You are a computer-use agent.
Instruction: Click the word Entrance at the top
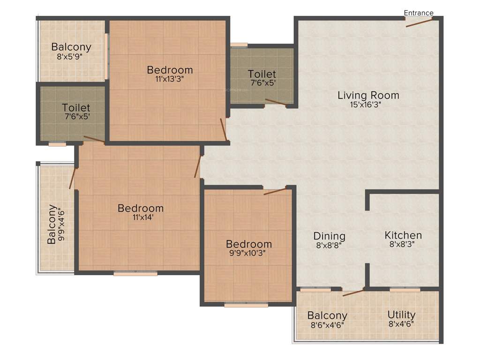point(419,13)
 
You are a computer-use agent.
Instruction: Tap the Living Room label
point(368,96)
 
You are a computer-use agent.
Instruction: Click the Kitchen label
point(403,235)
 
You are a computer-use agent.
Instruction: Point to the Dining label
point(330,236)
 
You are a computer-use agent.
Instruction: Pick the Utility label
point(402,315)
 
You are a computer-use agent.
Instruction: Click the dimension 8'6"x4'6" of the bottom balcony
point(327,324)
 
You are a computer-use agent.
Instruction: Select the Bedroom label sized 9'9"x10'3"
point(249,244)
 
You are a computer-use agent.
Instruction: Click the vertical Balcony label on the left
point(52,224)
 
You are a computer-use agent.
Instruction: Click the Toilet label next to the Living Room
point(262,74)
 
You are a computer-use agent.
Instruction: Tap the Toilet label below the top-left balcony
point(76,108)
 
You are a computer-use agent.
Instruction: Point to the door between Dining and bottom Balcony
point(353,293)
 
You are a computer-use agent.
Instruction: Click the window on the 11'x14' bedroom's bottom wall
point(135,273)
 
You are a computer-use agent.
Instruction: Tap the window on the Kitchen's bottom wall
point(405,290)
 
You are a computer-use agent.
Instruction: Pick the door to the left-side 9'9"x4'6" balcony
point(72,178)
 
